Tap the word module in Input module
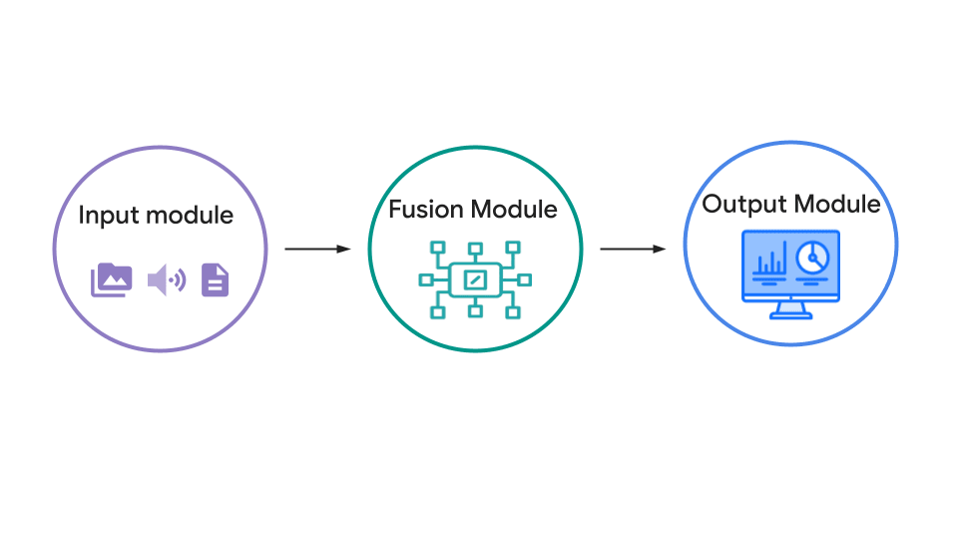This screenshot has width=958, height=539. click(190, 216)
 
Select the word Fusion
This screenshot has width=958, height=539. click(426, 209)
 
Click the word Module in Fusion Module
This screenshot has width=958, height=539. click(515, 209)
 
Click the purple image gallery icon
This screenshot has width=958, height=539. click(111, 279)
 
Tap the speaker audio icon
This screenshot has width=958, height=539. click(167, 279)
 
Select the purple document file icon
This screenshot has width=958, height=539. click(216, 279)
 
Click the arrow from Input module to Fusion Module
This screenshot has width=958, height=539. click(317, 249)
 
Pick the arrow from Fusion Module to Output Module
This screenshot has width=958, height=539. click(633, 249)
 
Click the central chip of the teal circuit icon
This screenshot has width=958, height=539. click(475, 279)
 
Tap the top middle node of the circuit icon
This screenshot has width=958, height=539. click(475, 249)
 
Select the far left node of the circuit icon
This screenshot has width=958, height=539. click(426, 279)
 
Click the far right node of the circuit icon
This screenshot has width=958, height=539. click(525, 279)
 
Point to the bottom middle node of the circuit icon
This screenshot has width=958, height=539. click(475, 311)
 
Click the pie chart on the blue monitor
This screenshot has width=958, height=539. click(812, 258)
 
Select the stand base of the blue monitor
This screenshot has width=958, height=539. click(791, 315)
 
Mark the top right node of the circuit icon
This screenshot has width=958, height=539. click(513, 248)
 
